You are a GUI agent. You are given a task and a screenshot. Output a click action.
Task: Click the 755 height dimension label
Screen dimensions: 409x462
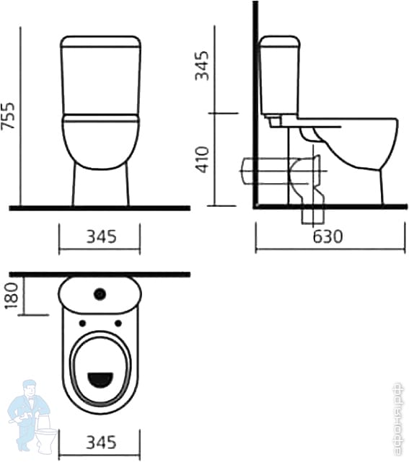coord(8,116)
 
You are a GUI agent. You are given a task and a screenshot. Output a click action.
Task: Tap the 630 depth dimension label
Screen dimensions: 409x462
coord(327,236)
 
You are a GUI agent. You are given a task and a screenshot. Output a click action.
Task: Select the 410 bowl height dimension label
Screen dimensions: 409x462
coord(203,159)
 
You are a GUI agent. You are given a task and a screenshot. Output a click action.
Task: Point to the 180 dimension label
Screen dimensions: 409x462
coord(12,296)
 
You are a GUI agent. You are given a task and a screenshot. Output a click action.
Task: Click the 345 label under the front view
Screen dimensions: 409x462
coord(101,236)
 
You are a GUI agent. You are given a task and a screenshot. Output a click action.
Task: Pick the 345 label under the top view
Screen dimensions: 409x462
coord(101,443)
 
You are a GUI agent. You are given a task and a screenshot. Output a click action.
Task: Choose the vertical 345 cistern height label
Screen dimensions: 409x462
coord(202,66)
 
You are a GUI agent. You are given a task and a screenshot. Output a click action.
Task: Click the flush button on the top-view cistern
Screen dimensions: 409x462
coord(100,294)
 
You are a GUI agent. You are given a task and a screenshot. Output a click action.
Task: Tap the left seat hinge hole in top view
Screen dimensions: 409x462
coord(82,324)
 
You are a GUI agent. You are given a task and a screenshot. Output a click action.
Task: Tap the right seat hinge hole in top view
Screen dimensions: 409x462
coord(118,324)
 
